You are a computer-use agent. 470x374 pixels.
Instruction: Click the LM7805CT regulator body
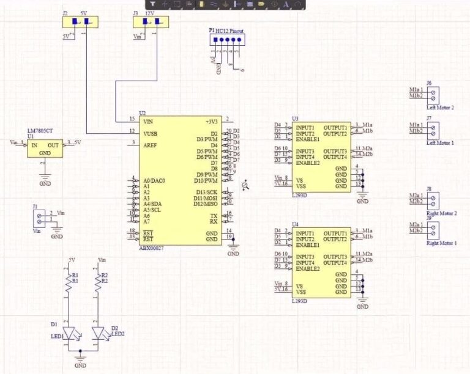45,148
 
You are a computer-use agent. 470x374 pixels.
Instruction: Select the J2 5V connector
80,23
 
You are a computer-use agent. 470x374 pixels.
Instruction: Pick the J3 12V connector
151,23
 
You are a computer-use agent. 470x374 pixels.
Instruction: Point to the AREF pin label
151,144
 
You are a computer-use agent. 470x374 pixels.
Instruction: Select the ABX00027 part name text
152,249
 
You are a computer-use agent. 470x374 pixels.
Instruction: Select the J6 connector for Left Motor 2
433,94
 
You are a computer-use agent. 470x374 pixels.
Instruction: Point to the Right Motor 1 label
441,243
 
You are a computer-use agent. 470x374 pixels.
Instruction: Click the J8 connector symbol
433,199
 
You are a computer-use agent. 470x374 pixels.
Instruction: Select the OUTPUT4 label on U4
335,263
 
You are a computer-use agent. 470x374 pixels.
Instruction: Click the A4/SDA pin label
152,204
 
